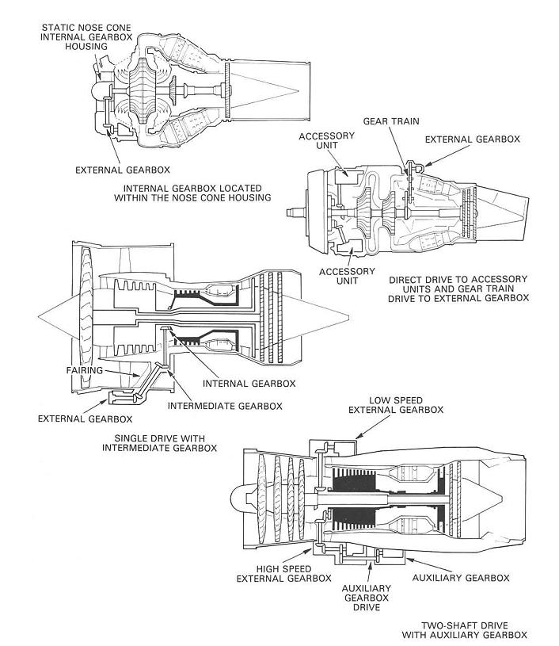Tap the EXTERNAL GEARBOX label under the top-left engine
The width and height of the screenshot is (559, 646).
point(122,169)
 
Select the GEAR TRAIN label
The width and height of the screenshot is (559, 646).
point(390,121)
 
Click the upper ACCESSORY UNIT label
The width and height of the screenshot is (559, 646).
point(321,142)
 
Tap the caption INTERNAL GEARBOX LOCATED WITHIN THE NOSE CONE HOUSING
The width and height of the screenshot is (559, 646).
point(197,193)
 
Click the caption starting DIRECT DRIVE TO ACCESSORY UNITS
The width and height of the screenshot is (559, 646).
point(458,289)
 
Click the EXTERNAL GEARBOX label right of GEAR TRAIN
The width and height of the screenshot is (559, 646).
point(472,139)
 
